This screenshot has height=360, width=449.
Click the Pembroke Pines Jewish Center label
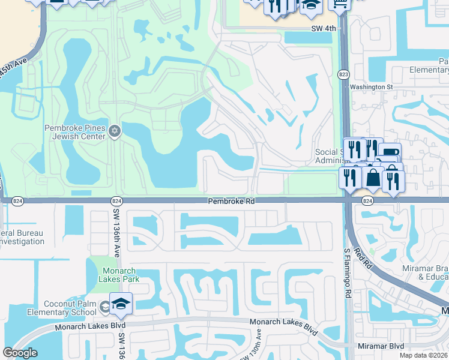[x=74, y=131]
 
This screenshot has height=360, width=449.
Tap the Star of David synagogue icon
[x=115, y=131]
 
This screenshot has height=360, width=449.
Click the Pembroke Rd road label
[x=232, y=202]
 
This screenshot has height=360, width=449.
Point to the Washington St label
[x=371, y=86]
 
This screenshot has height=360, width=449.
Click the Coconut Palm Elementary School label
[x=69, y=307]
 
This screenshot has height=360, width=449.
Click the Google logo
[x=20, y=353]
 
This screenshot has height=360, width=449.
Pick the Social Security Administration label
[x=329, y=156]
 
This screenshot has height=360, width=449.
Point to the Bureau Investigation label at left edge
[x=22, y=237]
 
